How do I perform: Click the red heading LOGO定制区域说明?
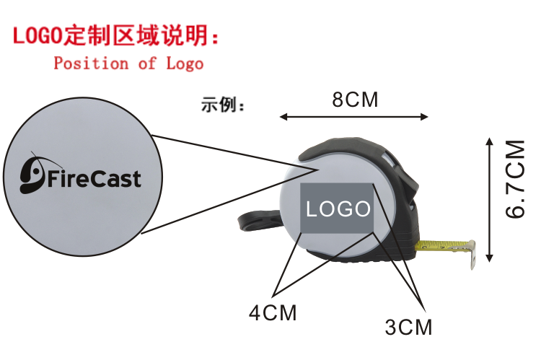pyautogui.click(x=114, y=35)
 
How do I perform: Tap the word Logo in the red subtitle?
pyautogui.click(x=185, y=63)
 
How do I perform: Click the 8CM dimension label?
pyautogui.click(x=355, y=100)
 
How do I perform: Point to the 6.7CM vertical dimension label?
pyautogui.click(x=515, y=178)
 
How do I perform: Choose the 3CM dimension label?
pyautogui.click(x=408, y=327)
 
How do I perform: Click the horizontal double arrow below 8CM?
pyautogui.click(x=354, y=116)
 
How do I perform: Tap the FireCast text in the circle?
pyautogui.click(x=94, y=178)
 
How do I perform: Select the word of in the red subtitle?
pyautogui.click(x=147, y=63)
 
